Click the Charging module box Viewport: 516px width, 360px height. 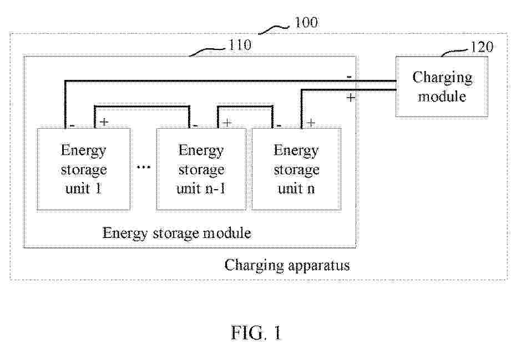442,87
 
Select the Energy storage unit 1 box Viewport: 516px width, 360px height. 83,169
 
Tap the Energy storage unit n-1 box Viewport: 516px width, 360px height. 201,169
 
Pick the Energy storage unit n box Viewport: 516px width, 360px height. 296,169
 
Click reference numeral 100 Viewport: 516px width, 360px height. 306,23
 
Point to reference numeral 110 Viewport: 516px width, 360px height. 240,45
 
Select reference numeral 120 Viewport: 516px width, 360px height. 481,47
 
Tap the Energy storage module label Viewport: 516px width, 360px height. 176,233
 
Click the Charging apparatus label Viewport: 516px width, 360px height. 287,265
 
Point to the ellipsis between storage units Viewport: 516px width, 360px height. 144,167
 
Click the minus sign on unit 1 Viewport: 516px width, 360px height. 72,124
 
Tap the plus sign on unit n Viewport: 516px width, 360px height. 311,122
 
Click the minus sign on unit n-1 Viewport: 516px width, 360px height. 196,124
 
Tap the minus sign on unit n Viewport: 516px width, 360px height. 279,124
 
